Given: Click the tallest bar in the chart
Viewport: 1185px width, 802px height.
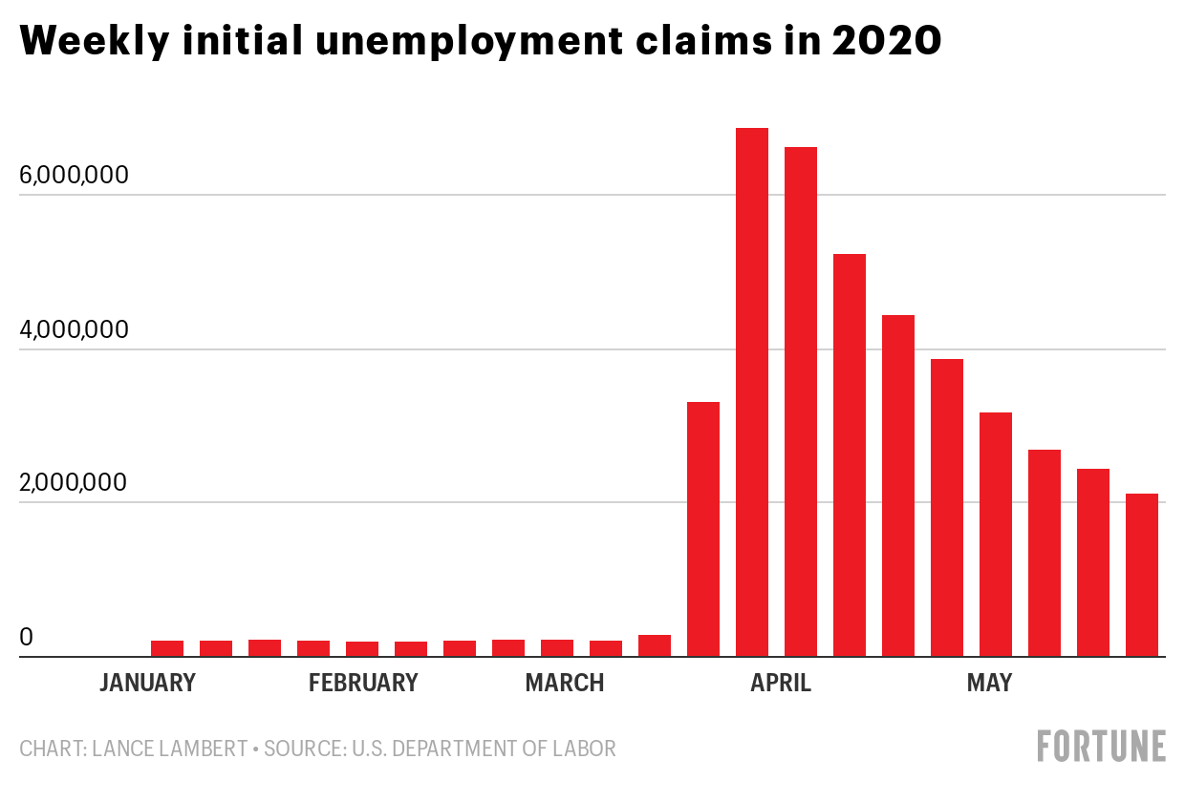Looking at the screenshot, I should click(751, 391).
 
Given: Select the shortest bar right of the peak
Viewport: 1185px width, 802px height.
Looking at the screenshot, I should click(1142, 575).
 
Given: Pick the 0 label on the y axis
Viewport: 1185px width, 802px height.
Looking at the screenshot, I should click(27, 637).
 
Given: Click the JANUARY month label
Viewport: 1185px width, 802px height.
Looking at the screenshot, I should click(147, 683).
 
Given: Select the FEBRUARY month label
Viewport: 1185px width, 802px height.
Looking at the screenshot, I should click(363, 683).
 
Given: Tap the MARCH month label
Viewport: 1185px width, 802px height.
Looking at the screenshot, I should click(565, 683).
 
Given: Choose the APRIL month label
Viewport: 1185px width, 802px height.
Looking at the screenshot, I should click(781, 683).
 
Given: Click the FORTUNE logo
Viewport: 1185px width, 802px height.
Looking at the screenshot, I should click(1102, 746).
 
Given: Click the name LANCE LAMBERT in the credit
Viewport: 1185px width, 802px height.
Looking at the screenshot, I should click(169, 749).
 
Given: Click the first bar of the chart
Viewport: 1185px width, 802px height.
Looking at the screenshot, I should click(167, 648).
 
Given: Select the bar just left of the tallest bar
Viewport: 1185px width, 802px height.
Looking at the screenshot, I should click(703, 529).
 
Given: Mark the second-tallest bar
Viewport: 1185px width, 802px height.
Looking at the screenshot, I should click(801, 401).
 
